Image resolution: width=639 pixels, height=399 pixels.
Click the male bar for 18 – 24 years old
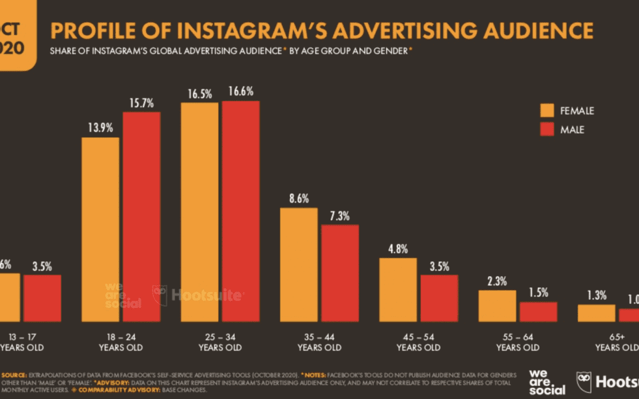141,216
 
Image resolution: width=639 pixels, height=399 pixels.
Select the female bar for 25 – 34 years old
199,212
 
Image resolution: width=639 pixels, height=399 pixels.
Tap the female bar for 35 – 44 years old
299,264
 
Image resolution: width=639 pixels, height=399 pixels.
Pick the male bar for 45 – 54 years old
438,298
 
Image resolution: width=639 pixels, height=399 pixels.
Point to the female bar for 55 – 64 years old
498,306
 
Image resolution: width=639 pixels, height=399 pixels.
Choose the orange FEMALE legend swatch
547,111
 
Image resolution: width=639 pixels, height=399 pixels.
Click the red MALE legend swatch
547,129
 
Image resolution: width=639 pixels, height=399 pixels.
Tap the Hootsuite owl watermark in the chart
160,294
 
